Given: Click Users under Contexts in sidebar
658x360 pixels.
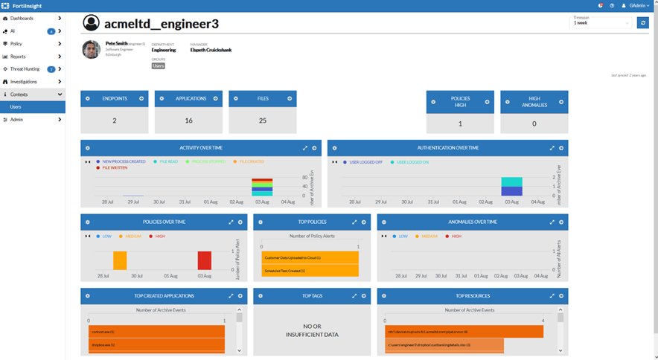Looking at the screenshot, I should (x=16, y=107).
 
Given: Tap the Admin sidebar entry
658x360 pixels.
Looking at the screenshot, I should (x=16, y=120).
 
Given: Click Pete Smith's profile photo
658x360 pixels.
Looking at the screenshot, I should (x=91, y=50).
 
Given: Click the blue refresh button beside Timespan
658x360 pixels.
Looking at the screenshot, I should (x=642, y=22).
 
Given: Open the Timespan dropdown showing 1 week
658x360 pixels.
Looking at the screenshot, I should (x=601, y=23).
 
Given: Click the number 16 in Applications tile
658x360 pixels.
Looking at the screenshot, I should (x=188, y=120).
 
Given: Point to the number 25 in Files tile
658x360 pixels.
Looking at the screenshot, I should (x=262, y=120).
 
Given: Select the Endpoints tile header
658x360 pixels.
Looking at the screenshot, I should (x=115, y=98).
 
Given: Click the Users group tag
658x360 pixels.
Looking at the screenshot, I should (x=158, y=66).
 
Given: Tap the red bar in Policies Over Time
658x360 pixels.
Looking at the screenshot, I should (x=204, y=260).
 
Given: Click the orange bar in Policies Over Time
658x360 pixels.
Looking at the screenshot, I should (x=120, y=260).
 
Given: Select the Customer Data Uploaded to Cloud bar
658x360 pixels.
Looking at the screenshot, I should (x=310, y=257).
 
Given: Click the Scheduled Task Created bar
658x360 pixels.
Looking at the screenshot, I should (x=310, y=271).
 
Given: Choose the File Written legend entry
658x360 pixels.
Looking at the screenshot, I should (x=114, y=168).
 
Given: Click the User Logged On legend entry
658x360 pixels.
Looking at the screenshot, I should (x=412, y=161).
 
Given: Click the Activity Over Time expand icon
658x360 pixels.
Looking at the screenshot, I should (x=305, y=148).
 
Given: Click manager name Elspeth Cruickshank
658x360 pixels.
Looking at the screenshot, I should (x=211, y=50).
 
